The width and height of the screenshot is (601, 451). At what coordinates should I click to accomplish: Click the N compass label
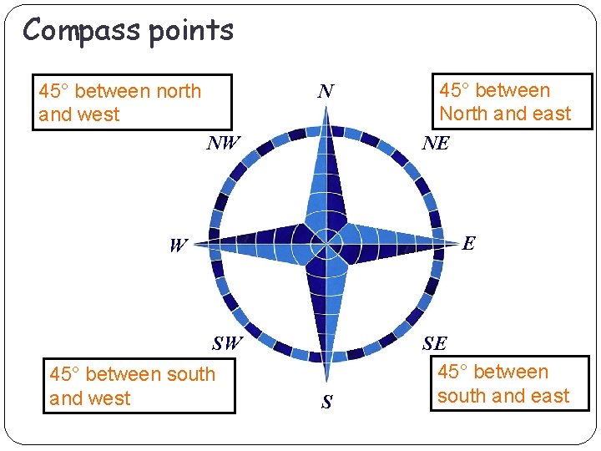(x=326, y=91)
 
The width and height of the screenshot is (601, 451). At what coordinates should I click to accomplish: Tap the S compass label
(x=326, y=403)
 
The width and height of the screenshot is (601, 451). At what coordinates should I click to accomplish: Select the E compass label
(x=468, y=243)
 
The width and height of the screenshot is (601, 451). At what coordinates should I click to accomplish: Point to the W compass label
(x=178, y=246)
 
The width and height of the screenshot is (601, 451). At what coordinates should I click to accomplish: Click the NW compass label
(x=223, y=143)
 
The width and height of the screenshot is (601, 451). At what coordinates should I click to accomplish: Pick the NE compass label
(x=435, y=143)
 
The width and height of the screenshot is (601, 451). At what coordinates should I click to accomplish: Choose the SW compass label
(x=227, y=342)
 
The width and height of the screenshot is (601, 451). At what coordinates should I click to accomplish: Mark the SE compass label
(x=434, y=343)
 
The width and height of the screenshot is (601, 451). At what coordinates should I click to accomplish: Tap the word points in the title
(x=191, y=31)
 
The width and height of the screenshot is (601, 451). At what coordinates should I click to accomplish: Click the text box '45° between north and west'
(x=132, y=103)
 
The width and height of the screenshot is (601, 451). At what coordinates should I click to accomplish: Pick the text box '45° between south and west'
(x=140, y=386)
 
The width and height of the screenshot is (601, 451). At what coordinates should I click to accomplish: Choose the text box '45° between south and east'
(x=511, y=384)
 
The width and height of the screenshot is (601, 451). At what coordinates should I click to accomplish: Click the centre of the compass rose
(x=326, y=244)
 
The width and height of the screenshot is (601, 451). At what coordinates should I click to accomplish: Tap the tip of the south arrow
(x=326, y=383)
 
